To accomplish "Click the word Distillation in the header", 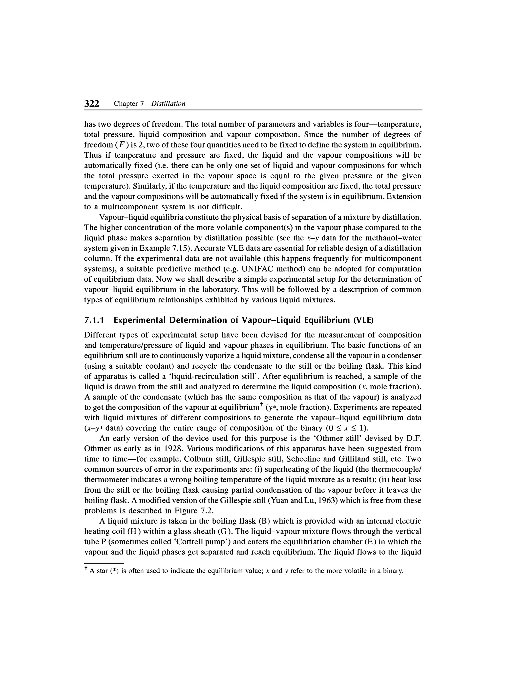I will coord(168,104).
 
